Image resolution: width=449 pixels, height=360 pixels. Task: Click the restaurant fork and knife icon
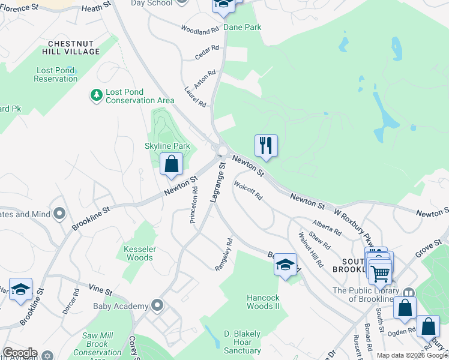coord(266,145)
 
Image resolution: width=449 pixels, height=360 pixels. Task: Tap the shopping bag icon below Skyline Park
coord(172,164)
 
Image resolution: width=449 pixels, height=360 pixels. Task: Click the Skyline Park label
coord(167,146)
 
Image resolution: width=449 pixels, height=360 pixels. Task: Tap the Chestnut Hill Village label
coord(74,47)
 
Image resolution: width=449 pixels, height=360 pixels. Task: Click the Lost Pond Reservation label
coord(55,74)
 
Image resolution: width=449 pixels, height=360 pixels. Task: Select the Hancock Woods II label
coord(264,302)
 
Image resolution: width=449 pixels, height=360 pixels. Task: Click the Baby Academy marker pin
coord(158,306)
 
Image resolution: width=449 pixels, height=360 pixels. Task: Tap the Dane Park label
coord(243,27)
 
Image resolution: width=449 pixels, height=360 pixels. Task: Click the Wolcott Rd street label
coord(249,190)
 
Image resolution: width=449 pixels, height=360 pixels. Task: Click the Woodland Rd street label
coord(200,30)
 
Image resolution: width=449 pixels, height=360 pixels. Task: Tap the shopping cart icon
coord(380,273)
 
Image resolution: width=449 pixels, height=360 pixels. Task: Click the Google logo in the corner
coord(19,353)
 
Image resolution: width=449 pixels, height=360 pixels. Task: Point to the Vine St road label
coord(100,291)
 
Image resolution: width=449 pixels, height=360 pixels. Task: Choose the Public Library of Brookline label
coord(373,295)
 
